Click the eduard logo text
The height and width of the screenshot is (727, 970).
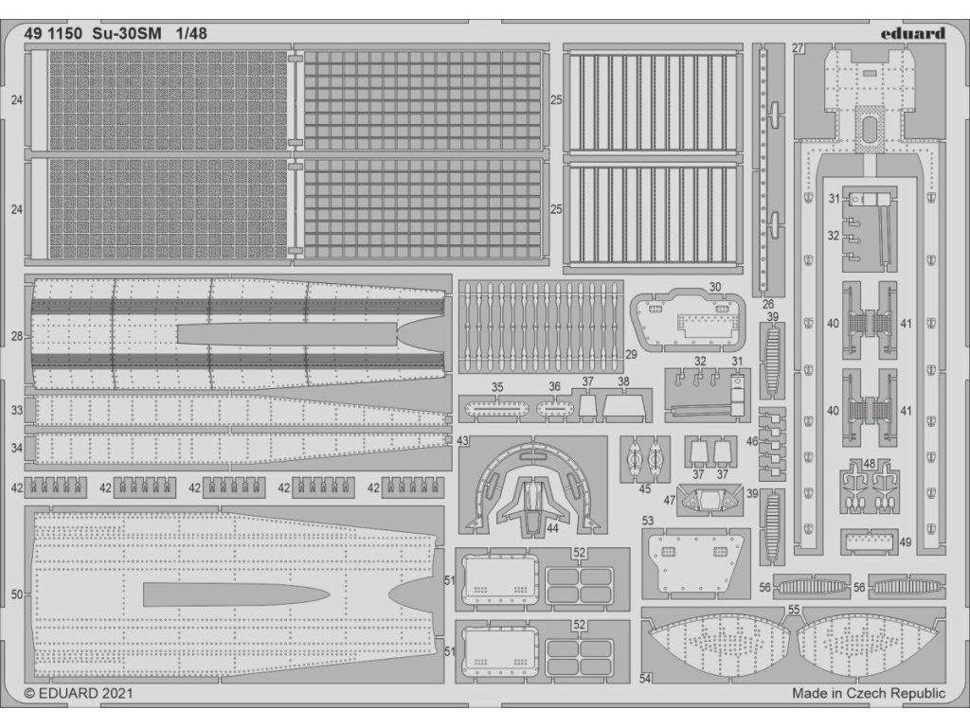[x=910, y=33]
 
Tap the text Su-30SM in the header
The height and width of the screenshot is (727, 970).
[x=127, y=32]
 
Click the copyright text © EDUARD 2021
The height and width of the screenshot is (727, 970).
[x=79, y=693]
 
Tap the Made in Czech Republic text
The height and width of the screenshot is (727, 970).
[x=868, y=693]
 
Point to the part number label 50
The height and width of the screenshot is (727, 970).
[x=17, y=594]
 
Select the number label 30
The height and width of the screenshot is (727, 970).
[x=714, y=286]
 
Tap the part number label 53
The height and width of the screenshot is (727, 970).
[x=648, y=521]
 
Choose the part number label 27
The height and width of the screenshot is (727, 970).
[x=798, y=48]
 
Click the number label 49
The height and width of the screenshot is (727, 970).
[x=906, y=542]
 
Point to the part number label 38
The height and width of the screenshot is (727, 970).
[x=623, y=382]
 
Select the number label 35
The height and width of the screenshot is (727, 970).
[x=497, y=386]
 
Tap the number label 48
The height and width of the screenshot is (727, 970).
[x=870, y=464]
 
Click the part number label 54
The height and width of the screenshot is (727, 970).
[x=647, y=678]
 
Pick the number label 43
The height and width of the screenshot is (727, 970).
[x=462, y=441]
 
